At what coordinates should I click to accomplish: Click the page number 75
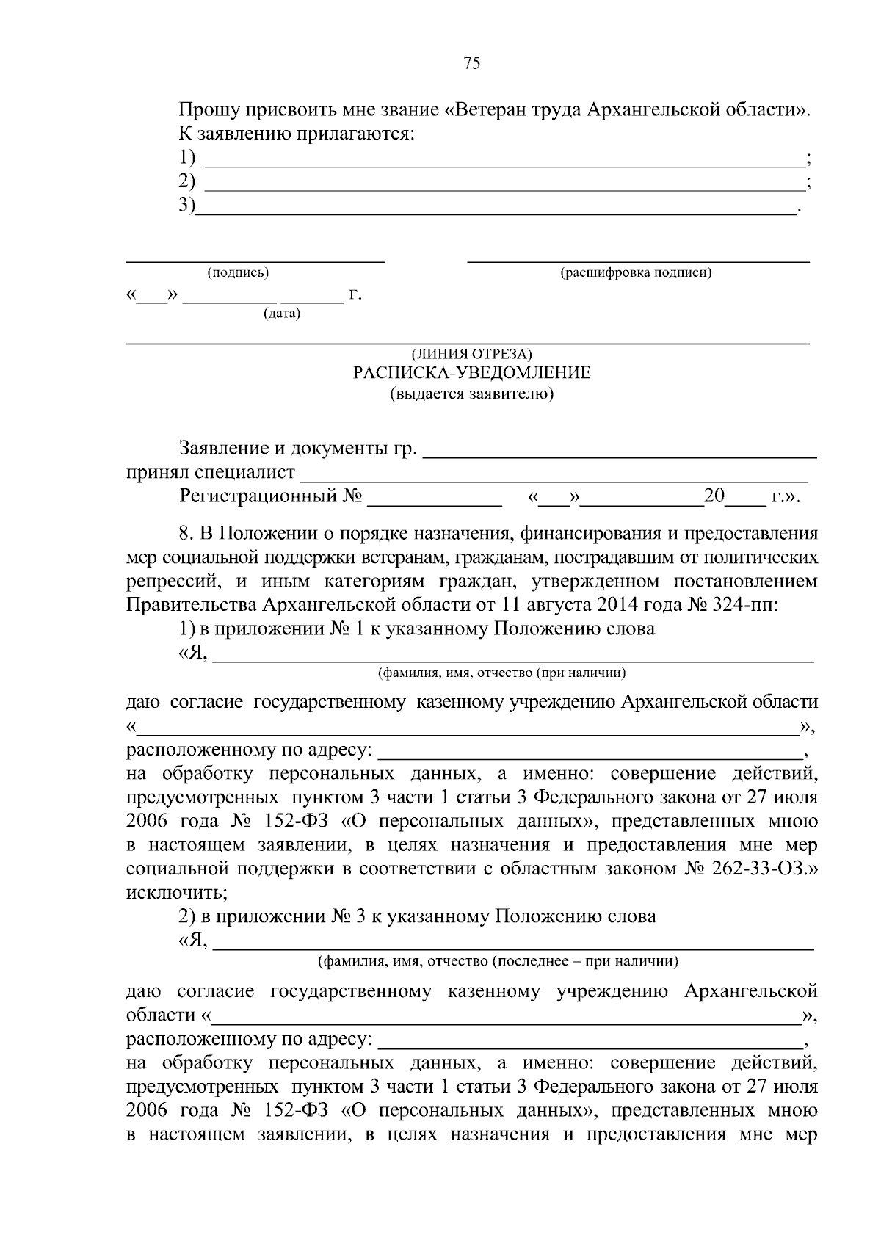pyautogui.click(x=472, y=63)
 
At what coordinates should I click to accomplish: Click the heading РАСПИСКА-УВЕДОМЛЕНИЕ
pyautogui.click(x=472, y=373)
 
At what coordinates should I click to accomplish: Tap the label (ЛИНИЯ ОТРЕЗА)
pyautogui.click(x=471, y=354)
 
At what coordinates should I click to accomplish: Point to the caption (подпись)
pyautogui.click(x=239, y=273)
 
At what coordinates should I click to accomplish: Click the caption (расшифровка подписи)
pyautogui.click(x=637, y=273)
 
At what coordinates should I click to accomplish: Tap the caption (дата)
pyautogui.click(x=282, y=314)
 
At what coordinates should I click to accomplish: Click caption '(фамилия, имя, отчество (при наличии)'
pyautogui.click(x=502, y=673)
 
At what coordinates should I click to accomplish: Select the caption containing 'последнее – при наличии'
pyautogui.click(x=498, y=961)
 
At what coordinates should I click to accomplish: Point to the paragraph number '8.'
pyautogui.click(x=186, y=533)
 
